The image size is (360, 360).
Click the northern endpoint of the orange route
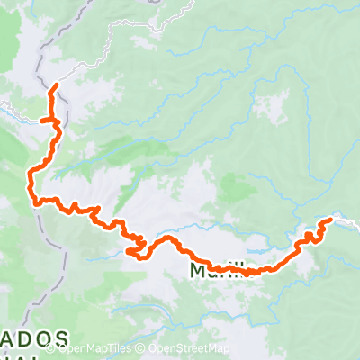(57, 85)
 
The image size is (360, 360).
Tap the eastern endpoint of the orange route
(331, 218)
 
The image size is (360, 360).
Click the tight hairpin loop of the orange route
(140, 246)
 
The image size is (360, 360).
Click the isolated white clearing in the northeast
(270, 106)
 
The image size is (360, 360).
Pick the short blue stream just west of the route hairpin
(108, 253)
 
